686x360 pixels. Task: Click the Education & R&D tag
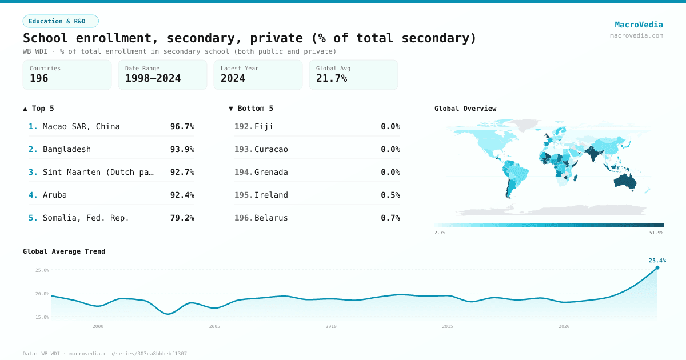tap(61, 21)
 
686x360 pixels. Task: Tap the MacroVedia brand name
tap(639, 25)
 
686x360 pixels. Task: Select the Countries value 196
tap(39, 79)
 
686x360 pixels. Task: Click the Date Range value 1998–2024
tap(153, 79)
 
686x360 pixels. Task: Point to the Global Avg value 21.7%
tap(332, 79)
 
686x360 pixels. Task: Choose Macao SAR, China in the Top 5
tap(81, 126)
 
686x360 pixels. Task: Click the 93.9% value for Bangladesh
tap(182, 149)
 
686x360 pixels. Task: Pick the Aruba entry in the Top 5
tap(55, 195)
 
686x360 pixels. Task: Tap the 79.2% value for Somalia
tap(182, 218)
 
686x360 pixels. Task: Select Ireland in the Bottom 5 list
tap(271, 195)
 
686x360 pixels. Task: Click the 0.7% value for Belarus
tap(390, 218)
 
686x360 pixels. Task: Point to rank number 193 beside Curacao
tap(244, 149)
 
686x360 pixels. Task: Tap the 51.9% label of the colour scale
tap(656, 233)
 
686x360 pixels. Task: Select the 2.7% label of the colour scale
tap(440, 233)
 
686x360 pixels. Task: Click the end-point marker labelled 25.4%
tap(657, 267)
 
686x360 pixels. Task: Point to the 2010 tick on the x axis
tap(331, 326)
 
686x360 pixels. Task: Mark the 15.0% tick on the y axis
tap(42, 317)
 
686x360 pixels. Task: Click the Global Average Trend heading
tap(64, 251)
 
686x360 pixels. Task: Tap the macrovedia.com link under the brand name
tap(636, 35)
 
